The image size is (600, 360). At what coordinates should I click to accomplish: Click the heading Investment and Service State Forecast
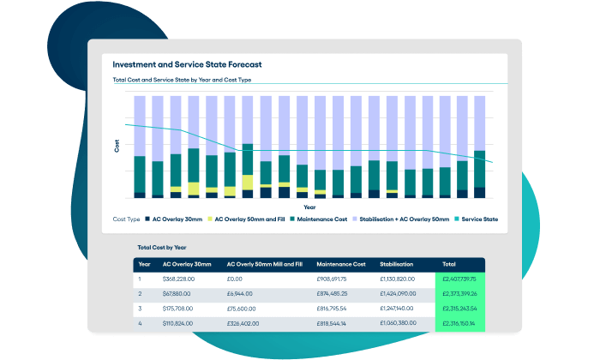click(x=187, y=64)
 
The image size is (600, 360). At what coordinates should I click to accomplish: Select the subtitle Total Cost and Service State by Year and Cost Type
click(x=182, y=80)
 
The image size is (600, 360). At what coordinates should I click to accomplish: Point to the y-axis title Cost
click(x=117, y=147)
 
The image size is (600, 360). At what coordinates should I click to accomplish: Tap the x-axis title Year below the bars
click(x=309, y=207)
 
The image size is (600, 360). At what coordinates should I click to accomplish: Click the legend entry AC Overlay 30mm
click(x=177, y=219)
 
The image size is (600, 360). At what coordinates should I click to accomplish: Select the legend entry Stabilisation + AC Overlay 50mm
click(x=402, y=219)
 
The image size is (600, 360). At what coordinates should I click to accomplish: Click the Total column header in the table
click(x=449, y=265)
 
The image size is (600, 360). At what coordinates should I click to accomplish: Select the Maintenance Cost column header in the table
click(x=342, y=265)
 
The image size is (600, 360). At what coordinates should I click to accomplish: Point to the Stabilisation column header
click(x=398, y=265)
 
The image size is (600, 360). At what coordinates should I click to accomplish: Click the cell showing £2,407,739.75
click(x=459, y=279)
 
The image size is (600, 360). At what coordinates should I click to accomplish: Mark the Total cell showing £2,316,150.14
click(x=459, y=323)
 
